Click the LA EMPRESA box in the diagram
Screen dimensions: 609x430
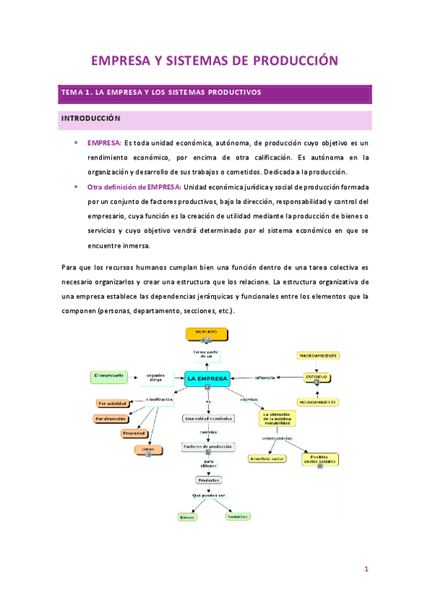207,378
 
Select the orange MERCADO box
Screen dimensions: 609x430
207,333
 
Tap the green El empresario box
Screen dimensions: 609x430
108,376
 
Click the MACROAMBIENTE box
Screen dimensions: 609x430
318,355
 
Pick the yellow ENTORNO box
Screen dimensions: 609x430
316,376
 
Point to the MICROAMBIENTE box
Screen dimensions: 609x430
317,401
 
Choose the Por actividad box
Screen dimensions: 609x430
114,404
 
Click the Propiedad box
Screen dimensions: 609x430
134,433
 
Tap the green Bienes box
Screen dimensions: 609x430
187,516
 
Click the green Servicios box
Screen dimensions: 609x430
236,516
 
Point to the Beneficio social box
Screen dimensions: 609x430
266,457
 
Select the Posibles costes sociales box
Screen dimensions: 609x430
319,459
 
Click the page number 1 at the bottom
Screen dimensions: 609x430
366,570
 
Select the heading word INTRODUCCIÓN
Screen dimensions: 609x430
90,118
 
